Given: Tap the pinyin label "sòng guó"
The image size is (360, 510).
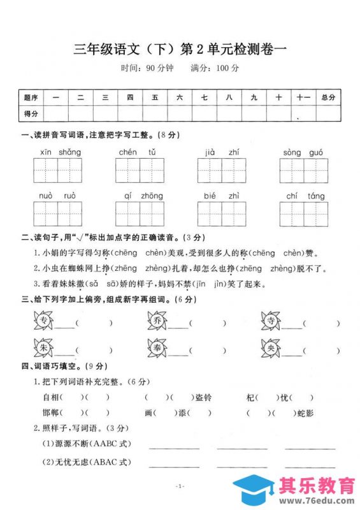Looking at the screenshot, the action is click(303, 152).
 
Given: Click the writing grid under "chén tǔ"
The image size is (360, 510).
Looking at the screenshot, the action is click(140, 171).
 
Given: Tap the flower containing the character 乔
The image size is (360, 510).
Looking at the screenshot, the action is click(158, 321).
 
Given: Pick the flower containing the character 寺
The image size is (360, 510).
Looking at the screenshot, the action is click(271, 321).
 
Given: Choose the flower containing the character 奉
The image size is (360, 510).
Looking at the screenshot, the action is click(158, 348).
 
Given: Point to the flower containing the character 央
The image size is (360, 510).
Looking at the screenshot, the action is click(271, 348).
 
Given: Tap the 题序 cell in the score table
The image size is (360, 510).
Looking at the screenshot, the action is click(31, 98).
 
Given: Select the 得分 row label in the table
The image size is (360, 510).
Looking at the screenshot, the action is click(31, 113).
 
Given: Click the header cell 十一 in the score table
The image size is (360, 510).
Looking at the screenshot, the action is click(303, 98).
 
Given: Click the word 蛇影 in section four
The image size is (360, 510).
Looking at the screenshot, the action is click(305, 413).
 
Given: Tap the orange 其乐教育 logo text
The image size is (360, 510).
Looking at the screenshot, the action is click(317, 486).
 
